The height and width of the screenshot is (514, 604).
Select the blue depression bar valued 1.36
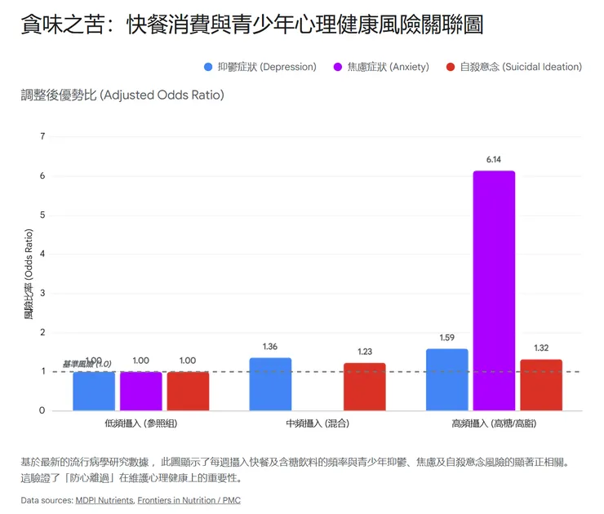[270, 384]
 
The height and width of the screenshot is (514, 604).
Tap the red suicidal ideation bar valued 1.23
[364, 387]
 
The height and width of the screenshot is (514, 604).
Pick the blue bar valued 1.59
[446, 379]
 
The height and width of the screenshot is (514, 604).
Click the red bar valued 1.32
[541, 385]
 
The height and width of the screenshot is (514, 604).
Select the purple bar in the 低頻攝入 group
[141, 391]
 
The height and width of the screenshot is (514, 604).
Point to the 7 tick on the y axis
[42, 136]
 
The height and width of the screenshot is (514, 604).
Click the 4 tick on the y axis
[42, 254]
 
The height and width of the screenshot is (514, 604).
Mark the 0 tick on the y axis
[42, 410]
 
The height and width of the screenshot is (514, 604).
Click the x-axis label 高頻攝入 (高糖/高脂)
[494, 425]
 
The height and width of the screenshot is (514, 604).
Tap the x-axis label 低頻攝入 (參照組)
[141, 425]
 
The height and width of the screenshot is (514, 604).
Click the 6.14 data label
[493, 160]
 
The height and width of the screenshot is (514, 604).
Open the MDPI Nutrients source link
[104, 500]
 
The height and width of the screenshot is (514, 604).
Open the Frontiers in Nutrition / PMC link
[189, 500]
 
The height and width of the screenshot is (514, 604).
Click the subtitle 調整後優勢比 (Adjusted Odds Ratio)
[122, 95]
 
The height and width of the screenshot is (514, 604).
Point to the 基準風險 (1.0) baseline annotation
[87, 364]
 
